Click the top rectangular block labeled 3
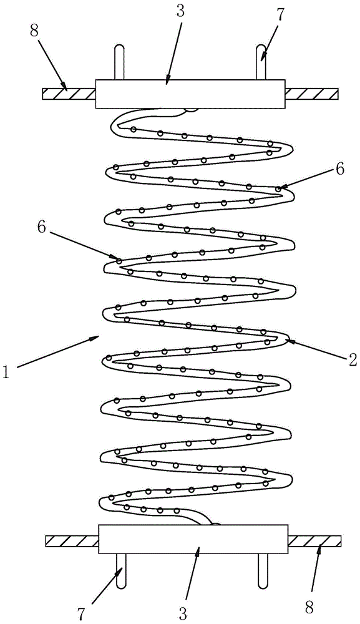190,94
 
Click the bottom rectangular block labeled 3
193,539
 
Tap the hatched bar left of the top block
69,94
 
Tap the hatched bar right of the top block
312,94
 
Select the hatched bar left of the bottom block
72,541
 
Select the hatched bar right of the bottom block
314,541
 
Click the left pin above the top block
119,62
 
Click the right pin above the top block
261,62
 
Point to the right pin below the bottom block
263,570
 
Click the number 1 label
6,372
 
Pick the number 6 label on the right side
339,169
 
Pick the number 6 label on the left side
41,227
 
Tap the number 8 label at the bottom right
309,608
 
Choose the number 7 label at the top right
280,14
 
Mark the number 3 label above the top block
180,11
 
